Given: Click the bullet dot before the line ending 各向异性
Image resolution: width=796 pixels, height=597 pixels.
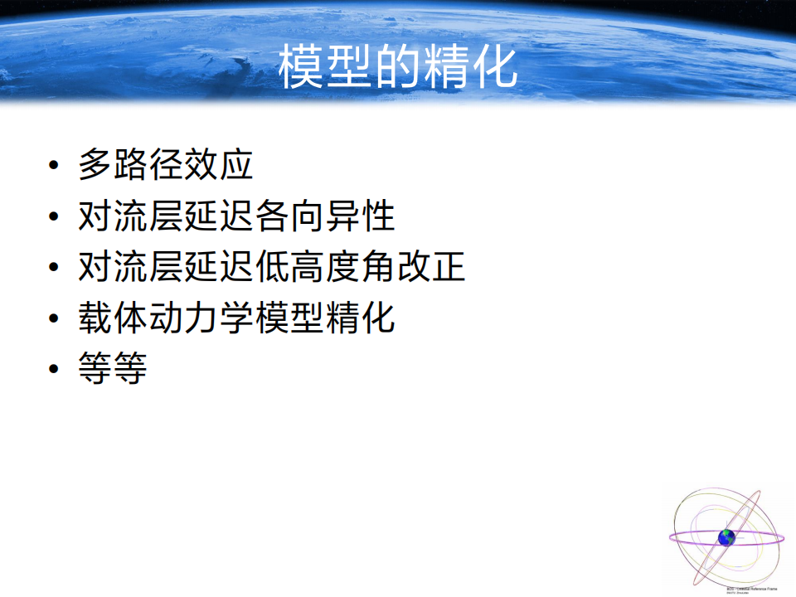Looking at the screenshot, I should [x=54, y=217].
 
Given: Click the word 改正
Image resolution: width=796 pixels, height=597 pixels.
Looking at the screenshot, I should [x=431, y=268].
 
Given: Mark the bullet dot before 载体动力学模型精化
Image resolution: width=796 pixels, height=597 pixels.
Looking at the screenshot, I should [x=54, y=319].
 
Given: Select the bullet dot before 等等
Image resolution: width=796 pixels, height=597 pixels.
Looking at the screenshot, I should [x=54, y=369].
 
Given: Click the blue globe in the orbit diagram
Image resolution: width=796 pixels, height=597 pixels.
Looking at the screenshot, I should [x=727, y=537].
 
